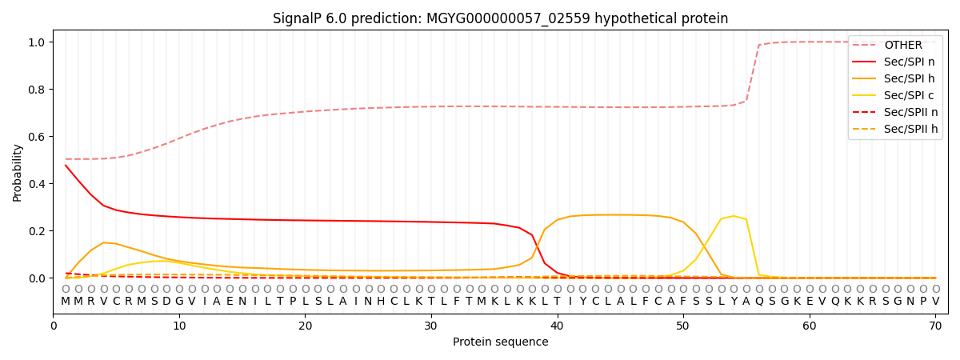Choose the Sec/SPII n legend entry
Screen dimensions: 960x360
895,112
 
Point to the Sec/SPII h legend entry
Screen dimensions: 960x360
895,129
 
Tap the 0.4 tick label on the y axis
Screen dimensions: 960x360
37,184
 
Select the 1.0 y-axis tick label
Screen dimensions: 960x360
37,42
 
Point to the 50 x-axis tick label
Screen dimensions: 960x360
682,326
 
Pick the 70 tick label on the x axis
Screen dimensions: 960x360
935,326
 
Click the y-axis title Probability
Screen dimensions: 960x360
17,173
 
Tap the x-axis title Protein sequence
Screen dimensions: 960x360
501,342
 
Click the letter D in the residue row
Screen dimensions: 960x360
166,302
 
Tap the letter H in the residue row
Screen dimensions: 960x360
381,302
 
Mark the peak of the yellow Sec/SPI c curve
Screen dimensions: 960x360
734,216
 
